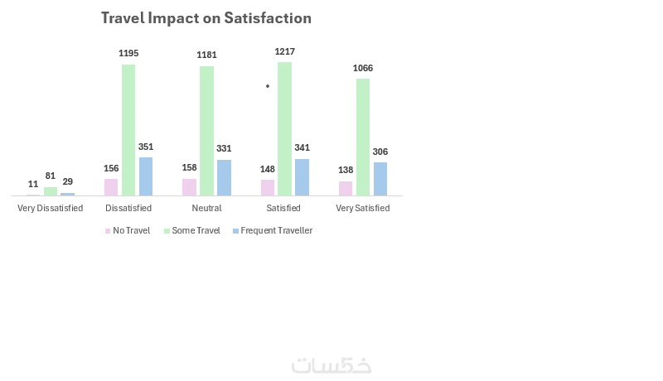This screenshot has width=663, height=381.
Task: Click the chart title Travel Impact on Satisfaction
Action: [x=206, y=17]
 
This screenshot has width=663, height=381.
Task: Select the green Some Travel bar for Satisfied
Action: [x=285, y=128]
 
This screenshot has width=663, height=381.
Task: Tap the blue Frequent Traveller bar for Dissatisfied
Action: [x=146, y=176]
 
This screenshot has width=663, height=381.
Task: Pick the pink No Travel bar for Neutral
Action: [x=189, y=186]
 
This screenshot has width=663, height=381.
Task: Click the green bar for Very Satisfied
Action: [x=363, y=137]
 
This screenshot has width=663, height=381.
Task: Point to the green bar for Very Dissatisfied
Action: [x=51, y=190]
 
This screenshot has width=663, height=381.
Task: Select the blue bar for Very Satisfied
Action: [x=380, y=178]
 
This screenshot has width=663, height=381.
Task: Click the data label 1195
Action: [x=128, y=53]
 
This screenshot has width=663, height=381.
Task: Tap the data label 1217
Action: [x=285, y=51]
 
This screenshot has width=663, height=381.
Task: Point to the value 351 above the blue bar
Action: [x=146, y=147]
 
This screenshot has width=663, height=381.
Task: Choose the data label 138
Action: [x=346, y=169]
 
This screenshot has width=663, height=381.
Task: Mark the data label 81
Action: [x=51, y=176]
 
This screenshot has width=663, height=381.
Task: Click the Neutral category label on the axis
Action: [x=206, y=208]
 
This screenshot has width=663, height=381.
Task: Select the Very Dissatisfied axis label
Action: [x=51, y=208]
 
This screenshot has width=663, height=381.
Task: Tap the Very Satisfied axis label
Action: [x=363, y=208]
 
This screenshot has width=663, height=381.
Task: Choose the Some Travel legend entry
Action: [x=196, y=230]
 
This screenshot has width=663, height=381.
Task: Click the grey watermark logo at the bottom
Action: [x=331, y=365]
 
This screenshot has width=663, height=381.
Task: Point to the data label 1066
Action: [x=363, y=67]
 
